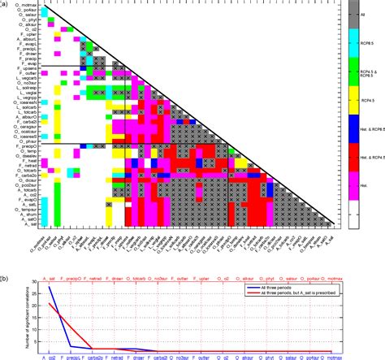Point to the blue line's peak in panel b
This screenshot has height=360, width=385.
click(x=50, y=287)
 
